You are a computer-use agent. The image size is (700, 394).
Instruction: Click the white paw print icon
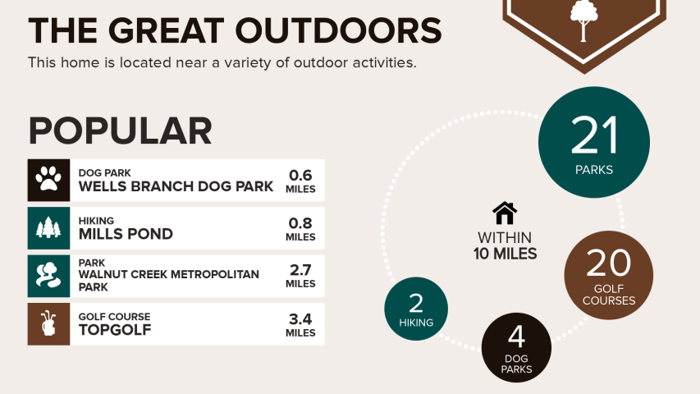[48, 179]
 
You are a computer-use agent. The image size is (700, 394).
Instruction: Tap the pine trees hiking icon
[48, 228]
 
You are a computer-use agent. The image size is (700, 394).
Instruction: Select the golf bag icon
[48, 324]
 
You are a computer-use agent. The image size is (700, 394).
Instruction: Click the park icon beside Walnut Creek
[48, 275]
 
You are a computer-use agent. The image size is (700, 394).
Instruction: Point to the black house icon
[505, 213]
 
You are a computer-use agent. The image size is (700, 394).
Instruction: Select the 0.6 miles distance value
[300, 181]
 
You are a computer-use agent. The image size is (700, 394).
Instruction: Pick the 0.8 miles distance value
[300, 229]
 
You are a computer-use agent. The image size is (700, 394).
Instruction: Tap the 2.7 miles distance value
[300, 276]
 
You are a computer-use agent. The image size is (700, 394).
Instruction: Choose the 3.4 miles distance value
[300, 325]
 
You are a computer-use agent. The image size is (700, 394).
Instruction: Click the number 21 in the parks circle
[594, 135]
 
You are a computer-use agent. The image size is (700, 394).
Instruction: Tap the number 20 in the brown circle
[608, 263]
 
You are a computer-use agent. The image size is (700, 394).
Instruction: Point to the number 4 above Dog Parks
[516, 337]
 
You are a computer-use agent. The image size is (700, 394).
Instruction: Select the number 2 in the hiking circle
[416, 304]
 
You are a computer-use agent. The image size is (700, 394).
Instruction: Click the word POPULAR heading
[120, 131]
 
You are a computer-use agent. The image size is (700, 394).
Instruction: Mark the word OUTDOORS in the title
[338, 30]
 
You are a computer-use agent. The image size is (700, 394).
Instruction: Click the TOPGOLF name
[115, 330]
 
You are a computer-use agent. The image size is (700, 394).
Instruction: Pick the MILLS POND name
[126, 234]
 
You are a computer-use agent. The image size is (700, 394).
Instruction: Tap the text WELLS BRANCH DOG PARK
[176, 186]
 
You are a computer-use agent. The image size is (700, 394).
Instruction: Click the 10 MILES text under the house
[505, 254]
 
